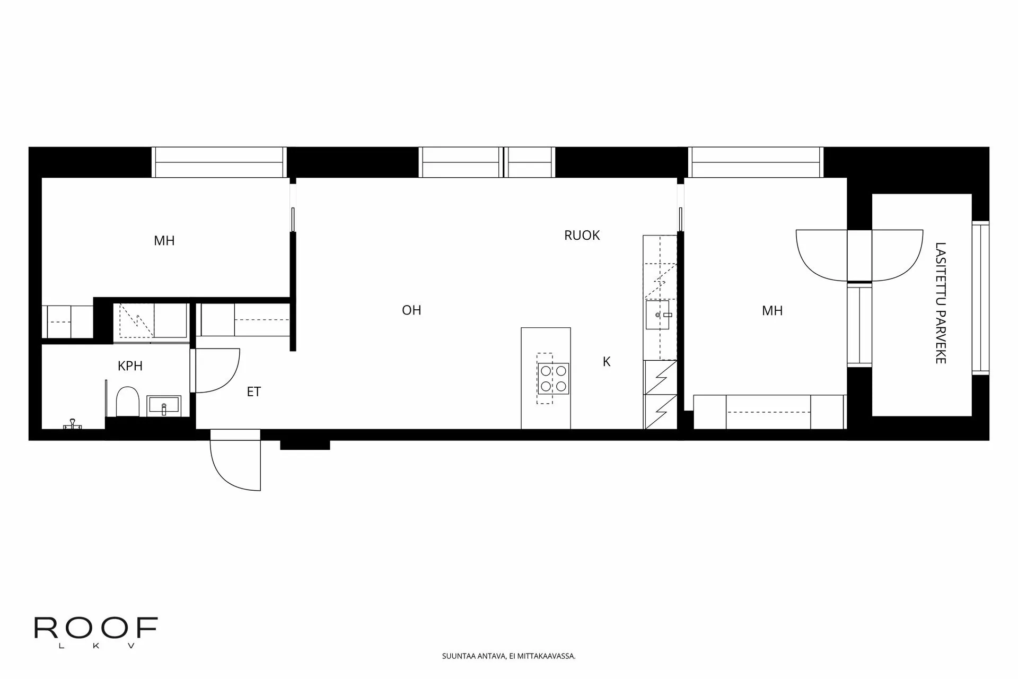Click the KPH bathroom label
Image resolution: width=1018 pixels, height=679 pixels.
[130, 366]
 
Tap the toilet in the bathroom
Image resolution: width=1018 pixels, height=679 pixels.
[127, 402]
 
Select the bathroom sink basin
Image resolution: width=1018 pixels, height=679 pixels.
[164, 407]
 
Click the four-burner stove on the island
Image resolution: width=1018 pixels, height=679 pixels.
[553, 378]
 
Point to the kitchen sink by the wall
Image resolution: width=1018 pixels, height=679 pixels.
[658, 315]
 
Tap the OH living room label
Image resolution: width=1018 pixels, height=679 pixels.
[411, 310]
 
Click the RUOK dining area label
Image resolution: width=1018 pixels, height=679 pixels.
[582, 236]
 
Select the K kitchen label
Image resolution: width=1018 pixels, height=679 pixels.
[607, 362]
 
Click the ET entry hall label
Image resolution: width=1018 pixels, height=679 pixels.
[254, 392]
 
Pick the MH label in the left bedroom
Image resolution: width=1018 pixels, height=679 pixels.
[164, 241]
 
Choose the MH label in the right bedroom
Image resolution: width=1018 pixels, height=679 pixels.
[772, 311]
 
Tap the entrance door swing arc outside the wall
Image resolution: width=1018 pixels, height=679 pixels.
[233, 462]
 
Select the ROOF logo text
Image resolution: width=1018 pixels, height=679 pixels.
[96, 629]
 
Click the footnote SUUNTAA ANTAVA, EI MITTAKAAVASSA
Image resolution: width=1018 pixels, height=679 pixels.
[508, 656]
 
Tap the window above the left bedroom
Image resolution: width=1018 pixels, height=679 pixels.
[219, 162]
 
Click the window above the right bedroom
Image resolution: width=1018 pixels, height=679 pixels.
[756, 162]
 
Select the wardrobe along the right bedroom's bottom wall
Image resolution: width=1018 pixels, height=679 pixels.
[769, 412]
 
